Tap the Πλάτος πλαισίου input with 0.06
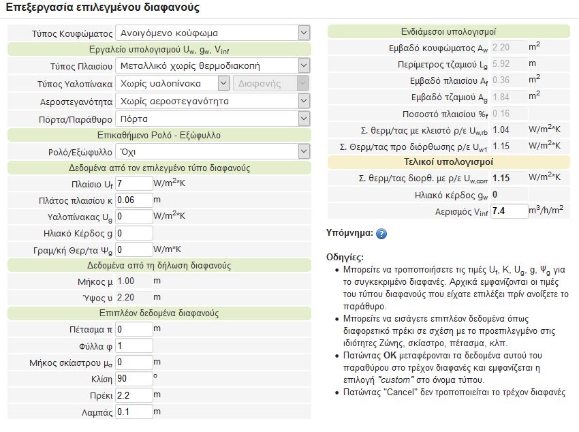[x=134, y=200]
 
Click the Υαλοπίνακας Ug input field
[x=134, y=216]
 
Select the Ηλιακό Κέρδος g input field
[x=134, y=232]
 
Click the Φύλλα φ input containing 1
[x=134, y=345]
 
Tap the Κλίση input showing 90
[x=134, y=378]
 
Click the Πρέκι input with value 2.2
[x=134, y=395]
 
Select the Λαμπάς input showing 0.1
[x=134, y=412]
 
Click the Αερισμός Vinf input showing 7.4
[x=509, y=211]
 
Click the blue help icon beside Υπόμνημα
[x=381, y=234]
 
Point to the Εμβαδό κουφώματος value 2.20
[x=501, y=48]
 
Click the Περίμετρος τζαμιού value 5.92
[x=501, y=64]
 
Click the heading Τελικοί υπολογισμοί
[x=448, y=162]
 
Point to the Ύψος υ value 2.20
[x=126, y=297]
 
